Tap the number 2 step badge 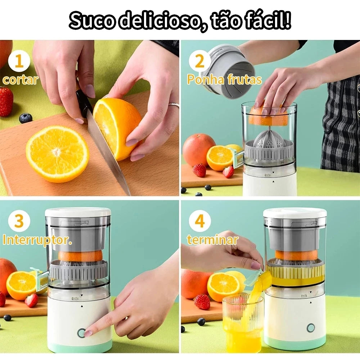point(199,62)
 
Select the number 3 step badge point(19,221)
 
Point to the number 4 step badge point(199,221)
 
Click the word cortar point(20,80)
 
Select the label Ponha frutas point(224,80)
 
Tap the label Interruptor point(37,240)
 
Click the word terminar point(212,240)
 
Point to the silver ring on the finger point(174,105)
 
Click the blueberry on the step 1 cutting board point(26,118)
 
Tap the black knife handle point(84,103)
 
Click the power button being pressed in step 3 point(81,332)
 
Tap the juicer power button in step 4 point(310,328)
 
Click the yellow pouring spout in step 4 point(262,280)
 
